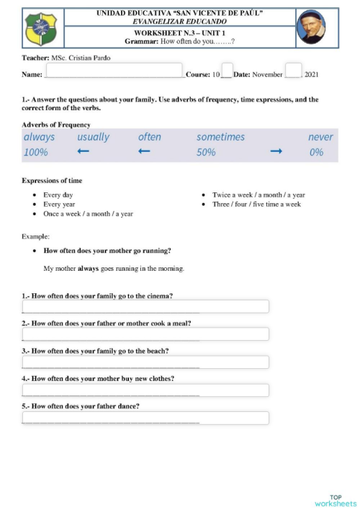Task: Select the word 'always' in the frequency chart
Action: click(x=39, y=137)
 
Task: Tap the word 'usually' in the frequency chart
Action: click(x=93, y=137)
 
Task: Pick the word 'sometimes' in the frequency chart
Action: click(x=220, y=137)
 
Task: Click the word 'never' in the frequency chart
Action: click(x=320, y=137)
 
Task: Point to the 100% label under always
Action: click(x=36, y=153)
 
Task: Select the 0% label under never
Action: click(x=316, y=153)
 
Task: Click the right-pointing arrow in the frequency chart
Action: click(x=276, y=152)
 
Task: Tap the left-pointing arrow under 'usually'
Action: click(x=83, y=152)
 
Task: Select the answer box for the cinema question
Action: click(x=145, y=307)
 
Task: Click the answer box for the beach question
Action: click(x=145, y=362)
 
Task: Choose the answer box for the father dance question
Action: click(x=145, y=418)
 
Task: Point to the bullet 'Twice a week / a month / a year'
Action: click(x=258, y=195)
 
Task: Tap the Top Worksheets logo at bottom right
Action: click(x=336, y=499)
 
